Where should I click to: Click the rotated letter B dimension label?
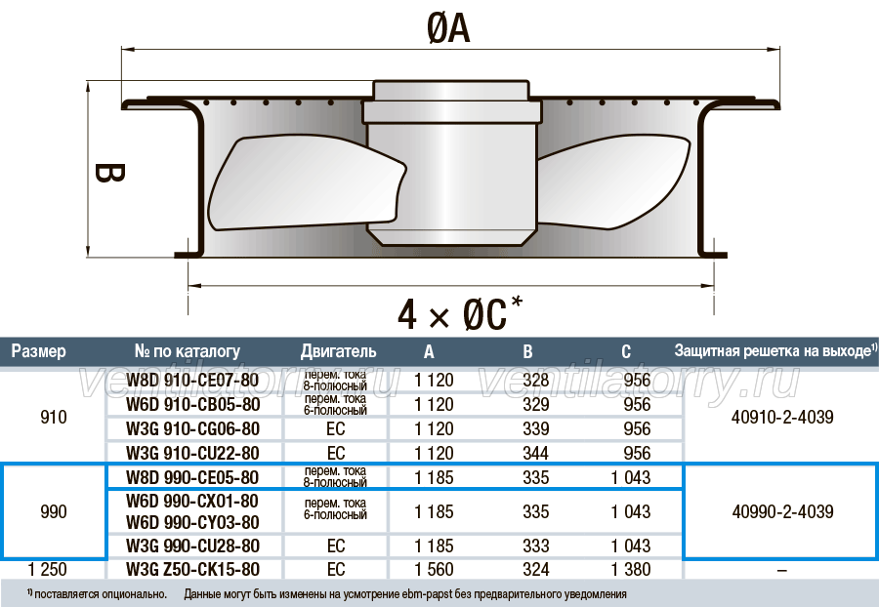(108, 173)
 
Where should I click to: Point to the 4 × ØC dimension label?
(460, 312)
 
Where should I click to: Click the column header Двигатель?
(338, 351)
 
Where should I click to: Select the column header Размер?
(39, 351)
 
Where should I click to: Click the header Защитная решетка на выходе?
(773, 350)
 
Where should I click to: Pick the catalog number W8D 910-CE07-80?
(192, 380)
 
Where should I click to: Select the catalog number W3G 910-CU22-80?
(192, 453)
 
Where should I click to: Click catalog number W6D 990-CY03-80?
(192, 522)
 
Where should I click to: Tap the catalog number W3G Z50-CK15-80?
(192, 570)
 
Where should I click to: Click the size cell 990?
(54, 511)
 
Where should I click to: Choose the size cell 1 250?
(47, 570)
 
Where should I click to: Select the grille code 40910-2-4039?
(782, 417)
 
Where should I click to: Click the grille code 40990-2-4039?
(782, 511)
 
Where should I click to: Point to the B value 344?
(535, 453)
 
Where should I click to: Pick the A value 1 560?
(434, 570)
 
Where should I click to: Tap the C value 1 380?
(631, 570)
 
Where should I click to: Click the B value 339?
(535, 428)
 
